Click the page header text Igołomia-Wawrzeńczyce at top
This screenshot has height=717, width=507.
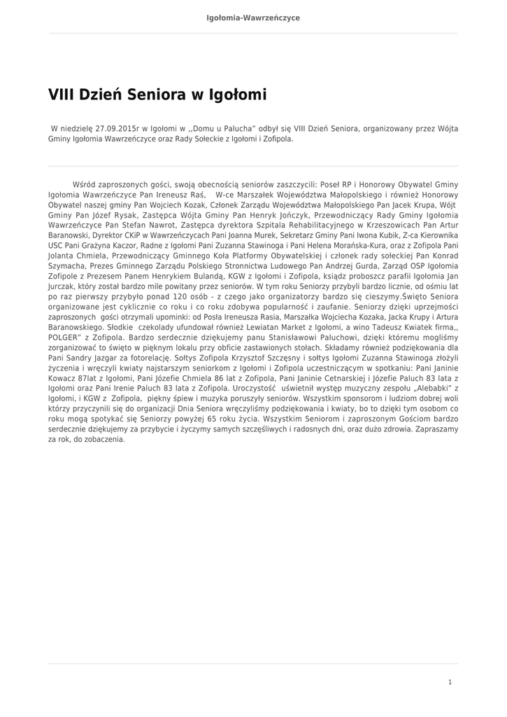pos(253,18)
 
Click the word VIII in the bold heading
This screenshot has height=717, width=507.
pos(62,94)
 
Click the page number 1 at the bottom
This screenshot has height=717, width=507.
pos(450,681)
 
